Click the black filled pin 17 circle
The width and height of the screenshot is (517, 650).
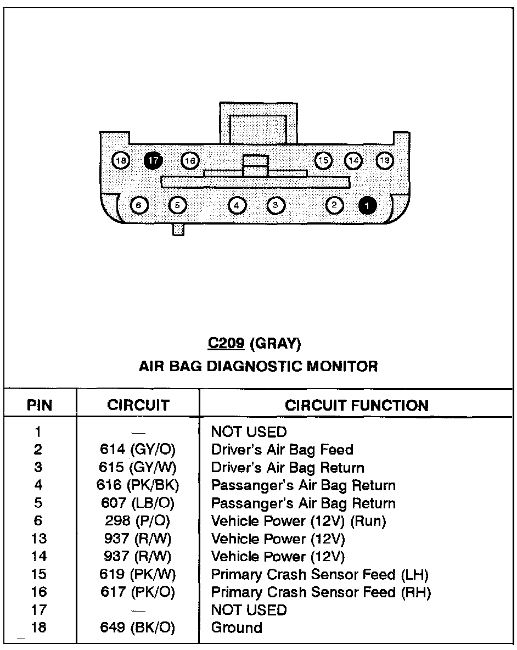[x=154, y=160]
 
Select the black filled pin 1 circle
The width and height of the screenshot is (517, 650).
[x=367, y=205]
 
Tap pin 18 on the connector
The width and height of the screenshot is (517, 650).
[x=121, y=160]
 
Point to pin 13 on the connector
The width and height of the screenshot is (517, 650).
[x=385, y=160]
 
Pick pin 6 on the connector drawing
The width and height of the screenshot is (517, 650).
[x=138, y=205]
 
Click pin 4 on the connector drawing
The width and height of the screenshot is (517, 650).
[x=237, y=205]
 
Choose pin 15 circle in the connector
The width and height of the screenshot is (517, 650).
[x=324, y=160]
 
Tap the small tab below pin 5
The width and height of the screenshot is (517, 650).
[x=178, y=229]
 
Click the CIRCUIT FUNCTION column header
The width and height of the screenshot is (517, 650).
[x=357, y=406]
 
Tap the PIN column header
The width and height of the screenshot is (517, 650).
[x=40, y=406]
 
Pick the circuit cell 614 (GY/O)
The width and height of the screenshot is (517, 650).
[x=137, y=450]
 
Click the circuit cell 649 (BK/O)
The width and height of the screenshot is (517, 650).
[x=137, y=627]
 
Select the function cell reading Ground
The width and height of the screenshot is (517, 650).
[x=237, y=627]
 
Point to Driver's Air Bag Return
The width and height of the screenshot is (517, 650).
[x=288, y=468]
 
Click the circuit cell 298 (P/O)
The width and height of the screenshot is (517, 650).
[x=137, y=521]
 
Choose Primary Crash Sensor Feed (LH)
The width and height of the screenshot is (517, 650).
[x=319, y=575]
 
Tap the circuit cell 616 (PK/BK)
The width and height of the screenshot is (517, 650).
[x=139, y=485]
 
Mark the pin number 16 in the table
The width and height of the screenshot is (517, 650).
[x=39, y=592]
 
